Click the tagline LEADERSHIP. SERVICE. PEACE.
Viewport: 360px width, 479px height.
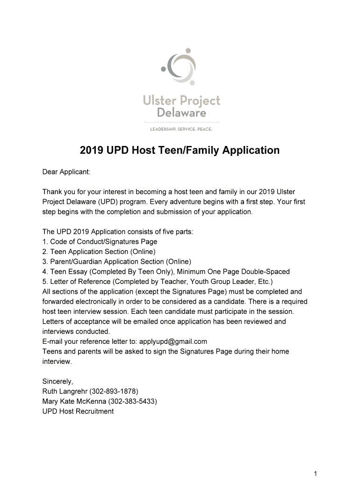click(180, 129)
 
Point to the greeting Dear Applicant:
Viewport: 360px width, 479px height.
click(66, 172)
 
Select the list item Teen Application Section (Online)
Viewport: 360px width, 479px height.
click(99, 252)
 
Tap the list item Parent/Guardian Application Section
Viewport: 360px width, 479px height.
click(116, 261)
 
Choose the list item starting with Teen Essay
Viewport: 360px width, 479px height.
click(166, 272)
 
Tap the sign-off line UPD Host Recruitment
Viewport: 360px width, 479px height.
click(78, 412)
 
